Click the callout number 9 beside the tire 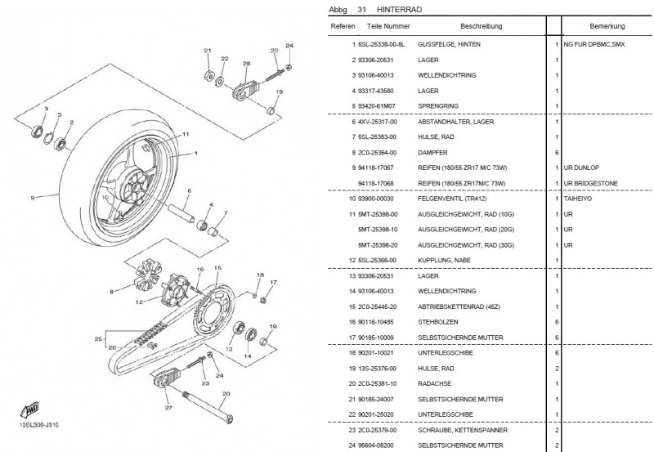click(x=34, y=197)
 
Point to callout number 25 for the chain click(x=99, y=338)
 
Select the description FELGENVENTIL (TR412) click(x=455, y=198)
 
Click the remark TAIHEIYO click(x=578, y=198)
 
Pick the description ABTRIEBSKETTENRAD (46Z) click(x=460, y=307)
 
